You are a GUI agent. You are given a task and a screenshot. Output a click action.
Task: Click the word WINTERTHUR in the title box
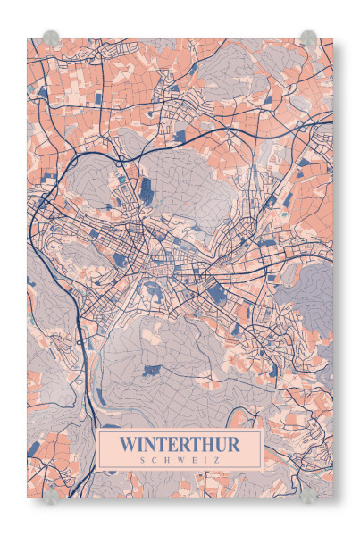click(x=180, y=444)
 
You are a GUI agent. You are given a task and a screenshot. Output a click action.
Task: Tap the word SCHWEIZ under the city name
click(x=180, y=459)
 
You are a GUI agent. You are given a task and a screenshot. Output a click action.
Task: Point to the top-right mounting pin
click(x=308, y=38)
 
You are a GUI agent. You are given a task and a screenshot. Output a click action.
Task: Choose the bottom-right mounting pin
click(x=308, y=493)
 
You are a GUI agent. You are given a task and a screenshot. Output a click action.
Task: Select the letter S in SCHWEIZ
click(x=143, y=459)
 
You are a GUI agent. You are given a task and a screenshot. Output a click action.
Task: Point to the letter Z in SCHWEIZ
click(x=217, y=459)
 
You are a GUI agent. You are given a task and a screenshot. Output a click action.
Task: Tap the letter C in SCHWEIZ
click(x=155, y=459)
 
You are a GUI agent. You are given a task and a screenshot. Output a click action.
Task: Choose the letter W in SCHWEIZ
click(x=180, y=459)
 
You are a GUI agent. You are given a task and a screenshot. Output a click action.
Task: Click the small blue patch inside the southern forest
click(x=149, y=370)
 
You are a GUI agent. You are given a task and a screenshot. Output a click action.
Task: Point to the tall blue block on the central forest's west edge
click(x=146, y=188)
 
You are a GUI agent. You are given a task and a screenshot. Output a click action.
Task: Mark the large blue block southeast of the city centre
click(x=216, y=289)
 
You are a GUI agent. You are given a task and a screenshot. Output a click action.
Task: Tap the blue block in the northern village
click(x=180, y=136)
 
